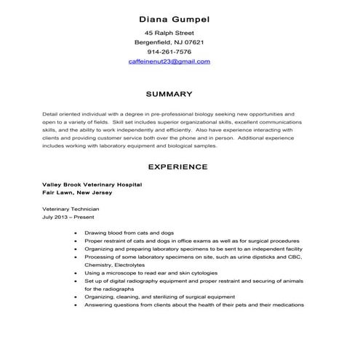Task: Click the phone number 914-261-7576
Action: [x=169, y=52]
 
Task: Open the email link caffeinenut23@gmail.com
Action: [x=169, y=62]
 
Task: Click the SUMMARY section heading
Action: [x=169, y=94]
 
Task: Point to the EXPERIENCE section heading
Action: [x=177, y=167]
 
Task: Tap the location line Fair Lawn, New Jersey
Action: [x=78, y=194]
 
